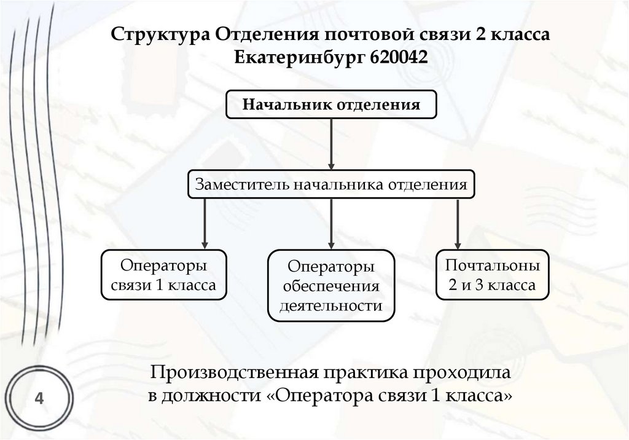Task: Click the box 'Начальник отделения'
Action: pyautogui.click(x=332, y=104)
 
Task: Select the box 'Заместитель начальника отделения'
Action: pyautogui.click(x=332, y=184)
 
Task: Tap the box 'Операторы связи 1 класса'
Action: pyautogui.click(x=162, y=275)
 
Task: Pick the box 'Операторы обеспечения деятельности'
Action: pyautogui.click(x=331, y=285)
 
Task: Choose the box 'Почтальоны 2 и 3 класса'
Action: pyautogui.click(x=493, y=275)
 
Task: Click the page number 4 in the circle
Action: pyautogui.click(x=39, y=398)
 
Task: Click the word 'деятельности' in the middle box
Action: pyautogui.click(x=331, y=305)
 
